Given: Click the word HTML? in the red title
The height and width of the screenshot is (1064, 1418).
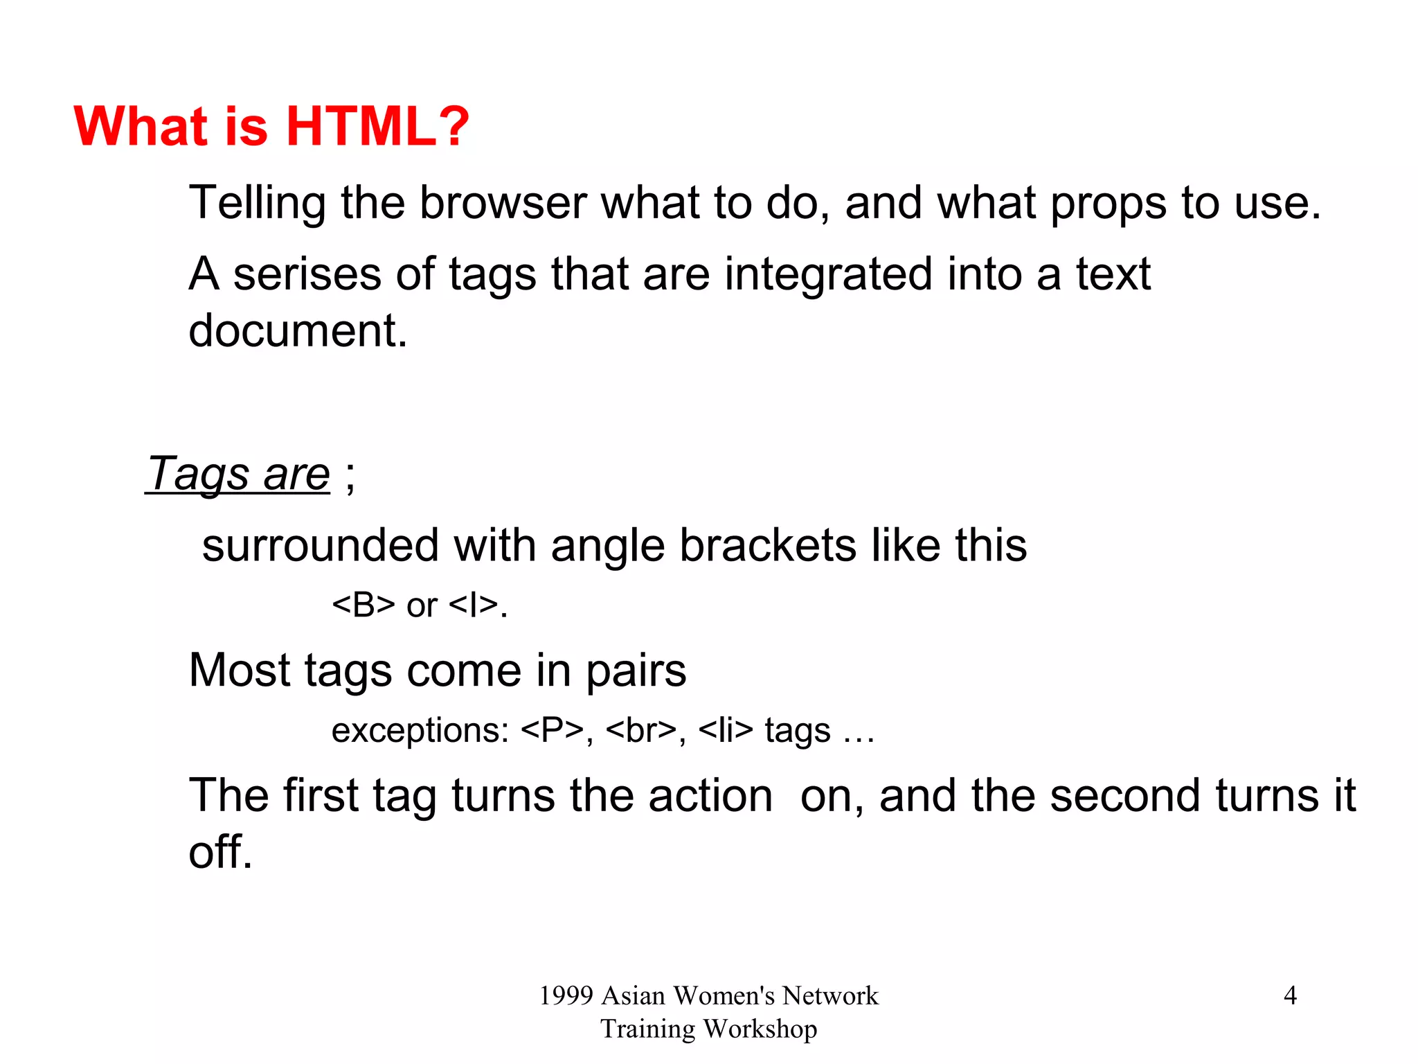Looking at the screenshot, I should (x=377, y=127).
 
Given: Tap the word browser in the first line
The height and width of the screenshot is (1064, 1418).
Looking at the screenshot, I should (x=503, y=203).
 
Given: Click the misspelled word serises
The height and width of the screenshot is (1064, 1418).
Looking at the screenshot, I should (x=307, y=274).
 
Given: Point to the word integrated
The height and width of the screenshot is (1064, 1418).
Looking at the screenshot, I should (x=828, y=274).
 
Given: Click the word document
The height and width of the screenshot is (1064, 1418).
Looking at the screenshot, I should (x=297, y=331).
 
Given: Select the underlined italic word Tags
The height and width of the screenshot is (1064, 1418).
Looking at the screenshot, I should (x=199, y=475).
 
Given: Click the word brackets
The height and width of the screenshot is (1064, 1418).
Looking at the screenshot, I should (x=767, y=546).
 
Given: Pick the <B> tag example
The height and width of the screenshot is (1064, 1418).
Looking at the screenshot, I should (x=364, y=605).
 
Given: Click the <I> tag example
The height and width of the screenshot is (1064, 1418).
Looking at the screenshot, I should (x=474, y=605).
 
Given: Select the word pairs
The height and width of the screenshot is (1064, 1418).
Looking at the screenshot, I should (x=636, y=671).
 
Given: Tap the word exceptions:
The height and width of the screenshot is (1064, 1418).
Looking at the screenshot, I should (x=420, y=731).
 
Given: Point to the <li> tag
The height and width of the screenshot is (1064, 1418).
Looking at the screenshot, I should (x=725, y=731).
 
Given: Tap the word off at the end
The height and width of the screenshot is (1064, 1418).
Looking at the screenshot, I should (x=219, y=852).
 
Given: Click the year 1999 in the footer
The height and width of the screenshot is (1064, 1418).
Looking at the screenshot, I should (x=566, y=996).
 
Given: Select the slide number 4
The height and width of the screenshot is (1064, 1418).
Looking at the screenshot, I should (x=1290, y=996).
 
